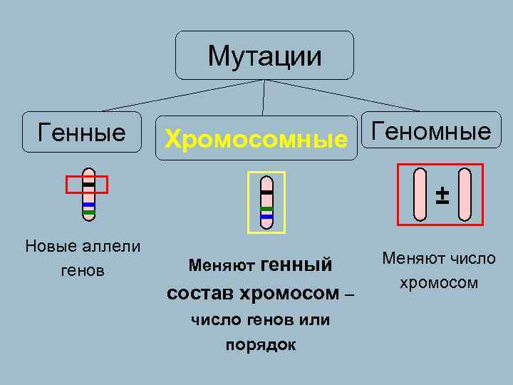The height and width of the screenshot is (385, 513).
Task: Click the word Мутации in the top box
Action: [x=264, y=55]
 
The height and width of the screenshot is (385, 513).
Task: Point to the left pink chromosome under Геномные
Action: [x=421, y=193]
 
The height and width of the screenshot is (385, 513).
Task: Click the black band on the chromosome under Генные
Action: [x=88, y=185]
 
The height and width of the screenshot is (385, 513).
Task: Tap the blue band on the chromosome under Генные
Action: [x=88, y=205]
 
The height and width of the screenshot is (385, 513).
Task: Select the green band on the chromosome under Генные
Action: [x=88, y=212]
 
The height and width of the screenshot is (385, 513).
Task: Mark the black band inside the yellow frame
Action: [x=266, y=192]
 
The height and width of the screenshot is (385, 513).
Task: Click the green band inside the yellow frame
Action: [x=266, y=208]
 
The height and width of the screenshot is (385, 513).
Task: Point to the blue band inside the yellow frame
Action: [x=266, y=215]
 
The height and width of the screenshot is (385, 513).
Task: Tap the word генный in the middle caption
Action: [x=297, y=265]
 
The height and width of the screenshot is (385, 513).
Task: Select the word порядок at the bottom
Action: [x=261, y=345]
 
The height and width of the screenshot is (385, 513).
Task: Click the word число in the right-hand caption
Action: [x=471, y=258]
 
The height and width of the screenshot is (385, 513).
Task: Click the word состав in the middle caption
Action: [x=202, y=293]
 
